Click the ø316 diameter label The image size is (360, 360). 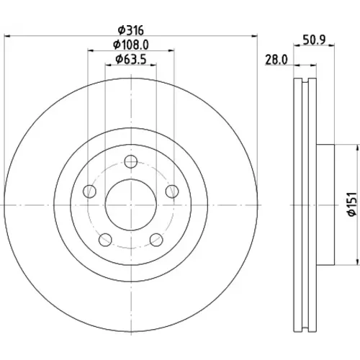(131, 30)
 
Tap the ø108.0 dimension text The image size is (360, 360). (131, 45)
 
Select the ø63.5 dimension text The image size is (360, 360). (131, 59)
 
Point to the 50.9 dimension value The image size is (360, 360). (314, 40)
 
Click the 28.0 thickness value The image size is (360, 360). (276, 60)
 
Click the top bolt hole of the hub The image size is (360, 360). (131, 161)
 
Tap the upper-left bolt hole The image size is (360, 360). (89, 192)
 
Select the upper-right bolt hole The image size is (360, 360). (172, 192)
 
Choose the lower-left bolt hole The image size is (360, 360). (105, 240)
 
